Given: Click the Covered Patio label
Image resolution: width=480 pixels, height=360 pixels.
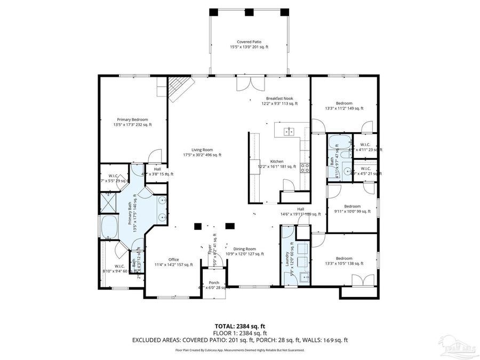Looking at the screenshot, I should click(x=249, y=44).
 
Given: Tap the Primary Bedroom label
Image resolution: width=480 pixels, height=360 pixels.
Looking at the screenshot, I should click(x=132, y=122).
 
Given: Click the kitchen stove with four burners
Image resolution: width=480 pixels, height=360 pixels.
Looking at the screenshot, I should click(x=306, y=169).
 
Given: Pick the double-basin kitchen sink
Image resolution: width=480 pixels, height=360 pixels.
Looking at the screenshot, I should click(x=289, y=131).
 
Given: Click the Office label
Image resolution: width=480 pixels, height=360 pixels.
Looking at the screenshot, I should click(x=173, y=262).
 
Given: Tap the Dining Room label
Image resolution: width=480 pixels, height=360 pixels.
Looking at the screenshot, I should click(x=245, y=251).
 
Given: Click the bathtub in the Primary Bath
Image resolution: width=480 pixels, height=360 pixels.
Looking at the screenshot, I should click(x=109, y=227).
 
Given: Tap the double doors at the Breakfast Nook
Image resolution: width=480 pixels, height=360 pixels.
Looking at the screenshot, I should click(x=250, y=84).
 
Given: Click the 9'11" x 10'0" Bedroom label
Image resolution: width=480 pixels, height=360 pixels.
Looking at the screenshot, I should click(x=352, y=209).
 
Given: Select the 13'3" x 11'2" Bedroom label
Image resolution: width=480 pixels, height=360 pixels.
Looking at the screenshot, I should click(x=344, y=106).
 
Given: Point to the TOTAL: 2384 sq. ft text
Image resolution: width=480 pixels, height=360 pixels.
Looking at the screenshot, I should click(x=239, y=325).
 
